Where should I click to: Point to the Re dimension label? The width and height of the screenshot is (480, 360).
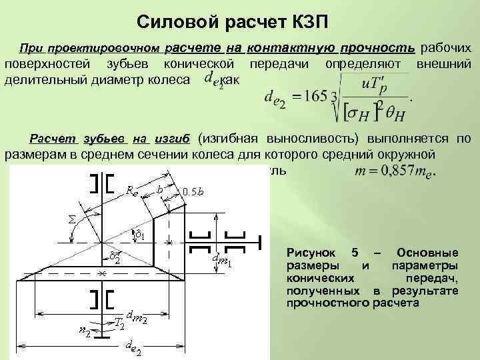[x=132, y=190]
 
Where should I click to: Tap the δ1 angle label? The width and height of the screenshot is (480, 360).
[x=139, y=235]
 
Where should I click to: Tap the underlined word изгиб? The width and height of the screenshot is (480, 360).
[x=172, y=139]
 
